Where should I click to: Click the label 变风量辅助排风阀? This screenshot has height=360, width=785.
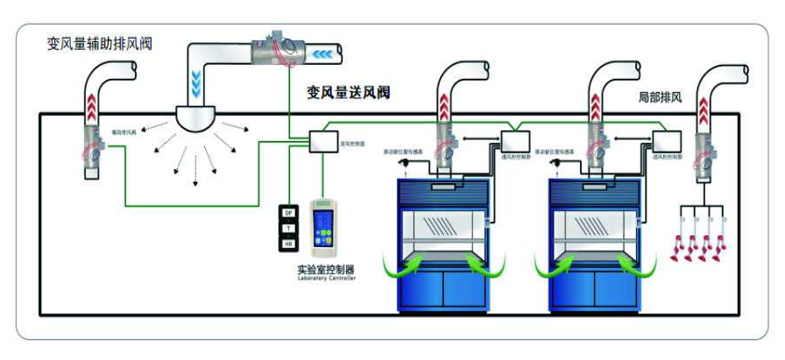[x=99, y=44]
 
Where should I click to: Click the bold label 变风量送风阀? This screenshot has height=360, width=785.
[x=348, y=91]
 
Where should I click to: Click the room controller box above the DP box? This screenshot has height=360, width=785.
[x=325, y=142]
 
